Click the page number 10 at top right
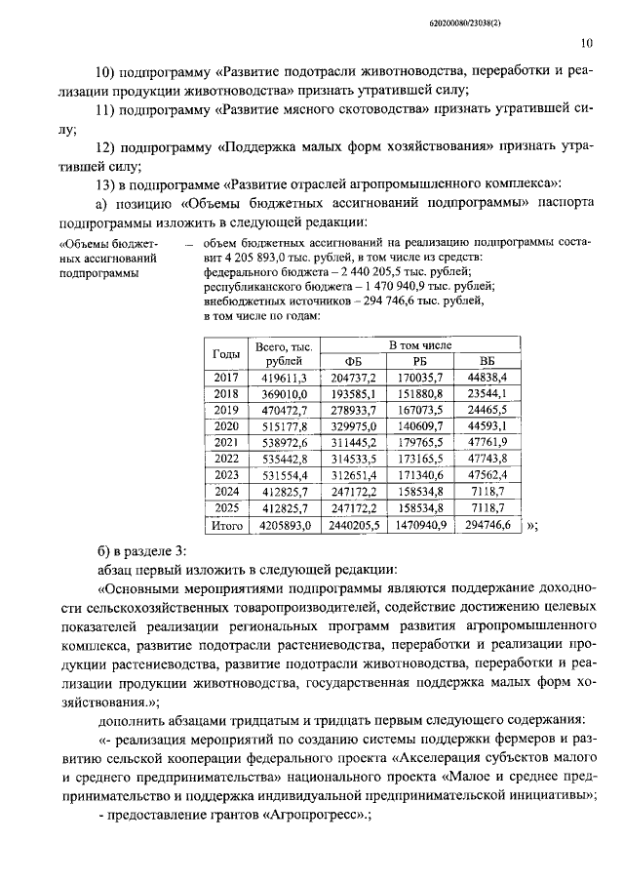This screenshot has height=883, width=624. click(585, 43)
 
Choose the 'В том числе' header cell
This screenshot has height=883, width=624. click(420, 345)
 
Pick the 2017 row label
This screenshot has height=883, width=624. click(225, 378)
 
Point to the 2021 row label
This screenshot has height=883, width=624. click(225, 442)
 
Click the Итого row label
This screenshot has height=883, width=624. click(225, 525)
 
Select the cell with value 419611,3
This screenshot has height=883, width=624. click(282, 378)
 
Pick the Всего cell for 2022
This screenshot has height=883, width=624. click(282, 459)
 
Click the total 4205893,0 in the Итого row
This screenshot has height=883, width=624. click(282, 525)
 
